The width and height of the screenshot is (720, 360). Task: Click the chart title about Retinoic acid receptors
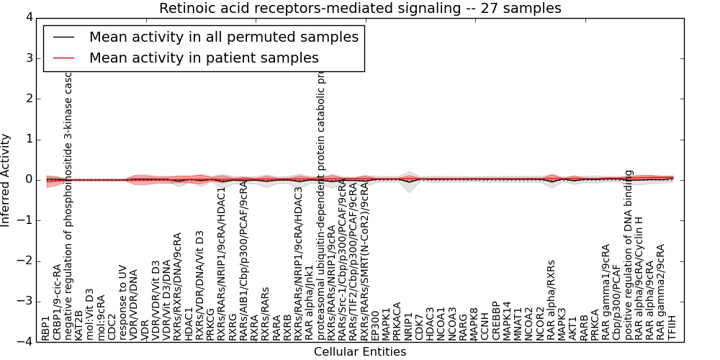[360, 9]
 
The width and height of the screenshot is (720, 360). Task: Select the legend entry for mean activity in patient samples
[204, 58]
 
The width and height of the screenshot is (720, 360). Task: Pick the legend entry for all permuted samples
[223, 37]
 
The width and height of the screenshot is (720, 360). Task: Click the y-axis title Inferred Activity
[6, 180]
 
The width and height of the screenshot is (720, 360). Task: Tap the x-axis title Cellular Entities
[360, 352]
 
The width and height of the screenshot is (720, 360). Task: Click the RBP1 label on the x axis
[45, 328]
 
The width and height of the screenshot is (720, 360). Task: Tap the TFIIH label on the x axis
[672, 327]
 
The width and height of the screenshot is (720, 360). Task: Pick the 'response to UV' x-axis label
[123, 303]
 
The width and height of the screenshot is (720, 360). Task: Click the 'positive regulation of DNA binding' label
[629, 255]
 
